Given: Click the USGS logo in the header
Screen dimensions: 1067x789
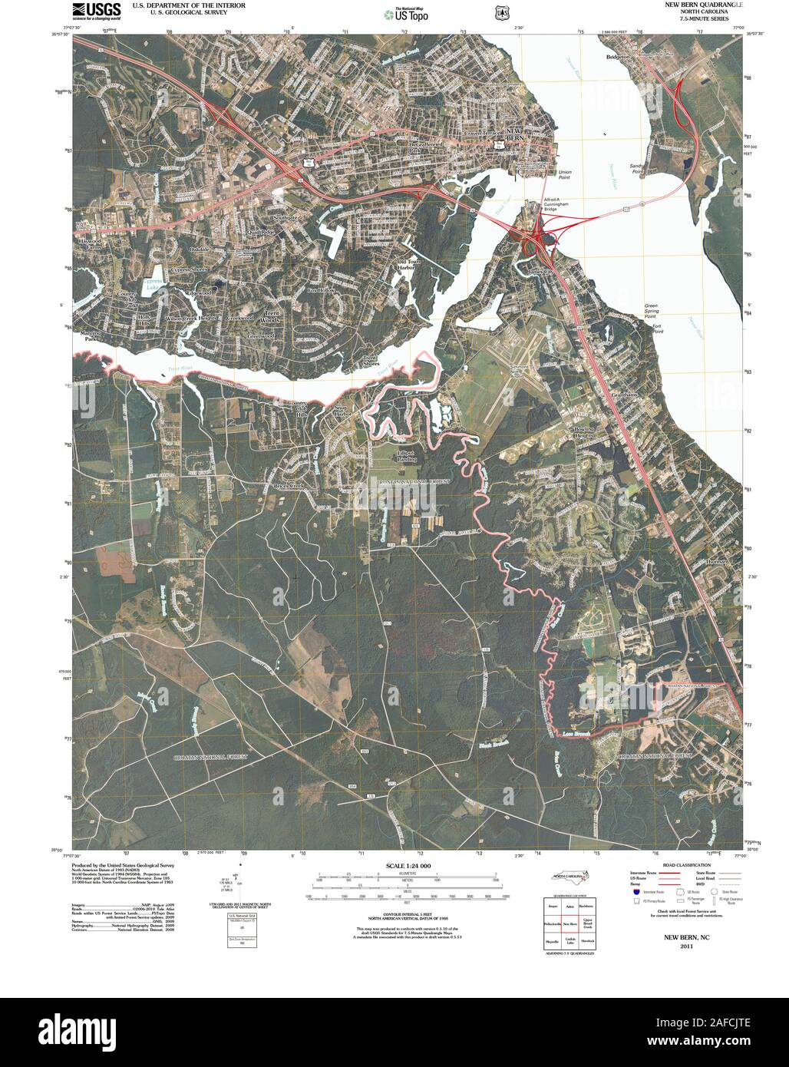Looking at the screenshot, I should pyautogui.click(x=97, y=10).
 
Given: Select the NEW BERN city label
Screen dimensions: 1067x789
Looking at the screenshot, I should pyautogui.click(x=513, y=134).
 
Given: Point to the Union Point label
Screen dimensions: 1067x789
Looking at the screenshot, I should pyautogui.click(x=565, y=174).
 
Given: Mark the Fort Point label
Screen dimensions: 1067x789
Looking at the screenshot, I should pyautogui.click(x=657, y=329).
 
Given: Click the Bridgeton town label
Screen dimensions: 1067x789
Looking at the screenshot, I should pyautogui.click(x=617, y=57).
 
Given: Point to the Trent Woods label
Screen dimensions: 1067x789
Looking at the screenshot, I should pyautogui.click(x=272, y=315).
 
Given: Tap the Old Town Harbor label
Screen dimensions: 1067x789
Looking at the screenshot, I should pyautogui.click(x=406, y=265).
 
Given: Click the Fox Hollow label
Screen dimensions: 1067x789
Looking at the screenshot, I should pyautogui.click(x=321, y=290).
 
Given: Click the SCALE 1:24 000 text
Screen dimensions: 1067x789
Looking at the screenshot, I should pyautogui.click(x=404, y=865).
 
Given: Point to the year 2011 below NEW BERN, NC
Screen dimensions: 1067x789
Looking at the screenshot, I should pyautogui.click(x=686, y=946).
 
